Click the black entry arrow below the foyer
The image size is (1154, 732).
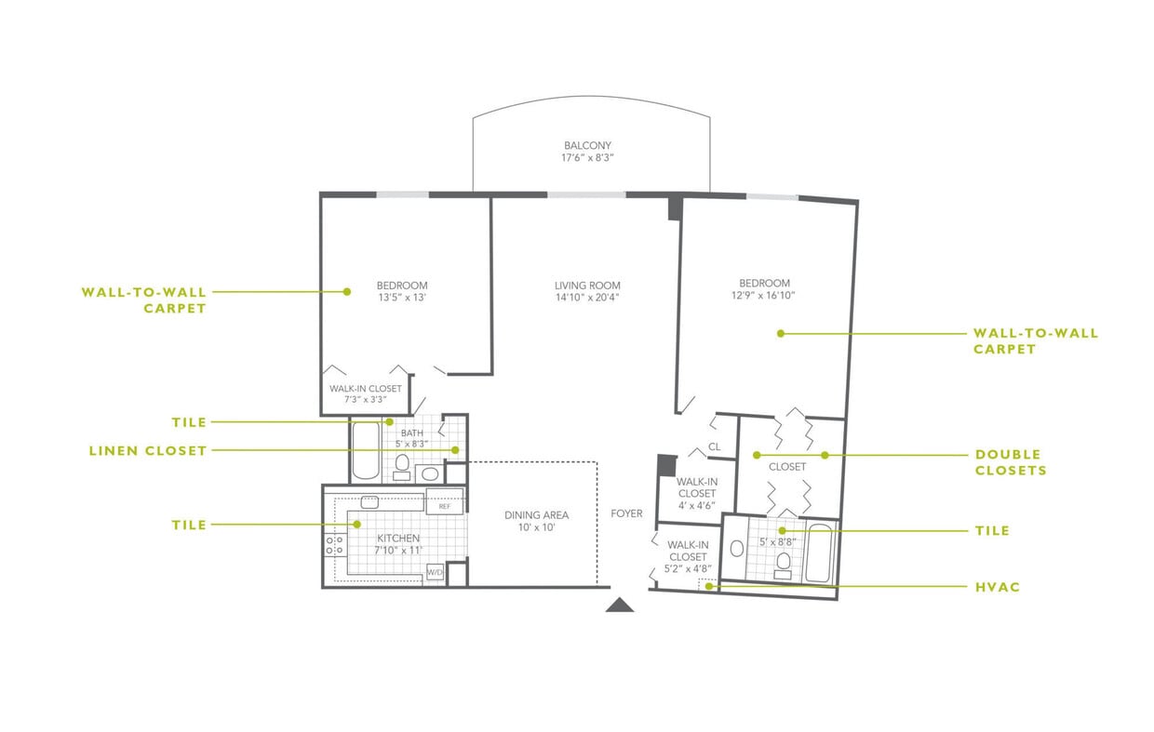pos(620,606)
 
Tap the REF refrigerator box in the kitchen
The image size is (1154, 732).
pos(444,507)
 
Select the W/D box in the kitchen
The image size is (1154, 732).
pos(435,572)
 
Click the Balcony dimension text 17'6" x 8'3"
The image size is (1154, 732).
pos(587,159)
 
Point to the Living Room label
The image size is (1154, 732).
pos(587,286)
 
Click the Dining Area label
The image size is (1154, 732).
pos(536,514)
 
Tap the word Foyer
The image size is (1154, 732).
pos(626,513)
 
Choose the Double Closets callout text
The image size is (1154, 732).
pos(1010,462)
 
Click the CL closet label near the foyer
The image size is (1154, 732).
pos(714,446)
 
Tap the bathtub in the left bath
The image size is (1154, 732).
pos(363,451)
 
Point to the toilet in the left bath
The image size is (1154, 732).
pos(402,462)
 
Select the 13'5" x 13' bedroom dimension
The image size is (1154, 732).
pos(402,298)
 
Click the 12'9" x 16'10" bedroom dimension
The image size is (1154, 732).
pos(764,296)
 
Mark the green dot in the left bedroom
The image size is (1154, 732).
pos(346,291)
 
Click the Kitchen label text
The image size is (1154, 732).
pos(397,539)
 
